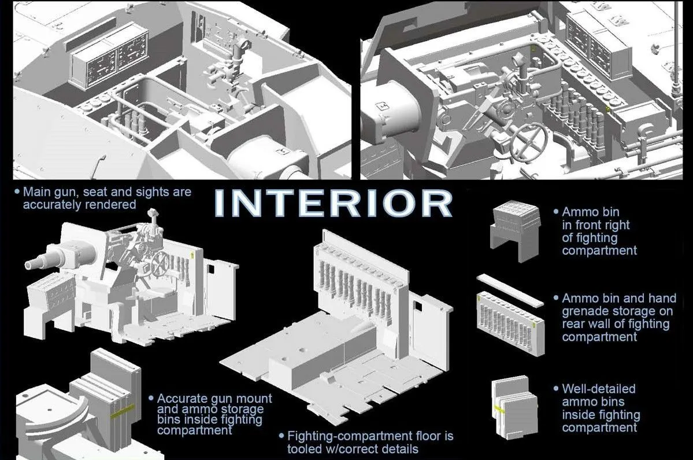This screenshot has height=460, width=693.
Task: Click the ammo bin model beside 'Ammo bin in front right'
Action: click(x=516, y=231)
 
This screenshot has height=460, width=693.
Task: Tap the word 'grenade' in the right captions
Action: click(x=583, y=311)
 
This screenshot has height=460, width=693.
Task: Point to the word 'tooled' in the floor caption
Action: click(x=306, y=448)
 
